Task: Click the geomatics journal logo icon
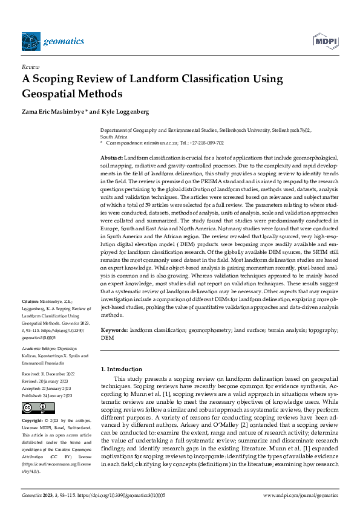pyautogui.click(x=31, y=41)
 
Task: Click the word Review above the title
pyautogui.click(x=30, y=66)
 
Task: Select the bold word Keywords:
pyautogui.click(x=114, y=331)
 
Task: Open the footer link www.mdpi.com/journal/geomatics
pyautogui.click(x=300, y=495)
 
